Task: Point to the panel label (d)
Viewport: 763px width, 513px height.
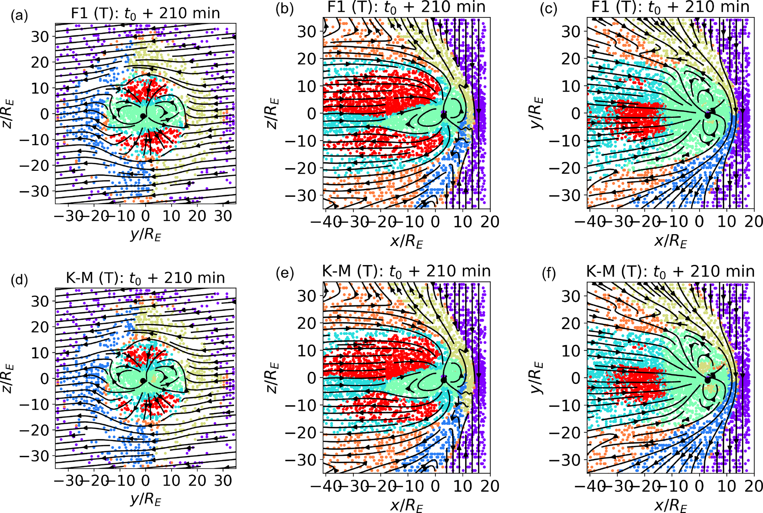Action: tap(19, 280)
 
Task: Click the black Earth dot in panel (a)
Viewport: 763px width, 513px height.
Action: tap(143, 116)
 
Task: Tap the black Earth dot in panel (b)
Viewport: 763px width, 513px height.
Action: tap(444, 116)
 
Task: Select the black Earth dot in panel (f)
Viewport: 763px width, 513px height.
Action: tap(708, 380)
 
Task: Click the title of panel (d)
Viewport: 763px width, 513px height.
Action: tap(145, 277)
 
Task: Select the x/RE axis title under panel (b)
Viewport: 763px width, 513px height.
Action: tap(406, 242)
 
